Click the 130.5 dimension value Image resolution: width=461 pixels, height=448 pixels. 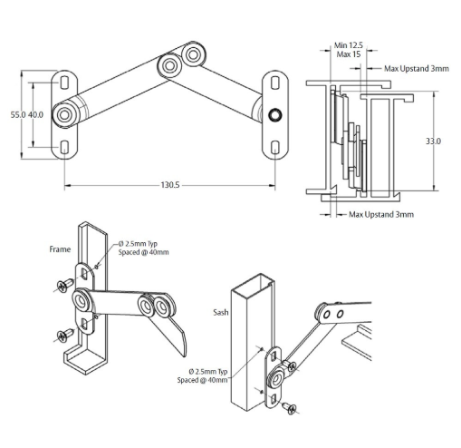point(169,184)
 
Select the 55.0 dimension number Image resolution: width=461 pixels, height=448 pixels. point(16,115)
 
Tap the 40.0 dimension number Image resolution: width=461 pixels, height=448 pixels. point(36,115)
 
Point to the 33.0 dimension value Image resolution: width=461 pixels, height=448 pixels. point(433,141)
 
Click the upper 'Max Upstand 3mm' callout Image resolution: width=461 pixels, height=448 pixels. point(417,68)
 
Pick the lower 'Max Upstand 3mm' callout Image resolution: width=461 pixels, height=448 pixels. point(381,215)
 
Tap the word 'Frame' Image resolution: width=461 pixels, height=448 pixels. point(60,247)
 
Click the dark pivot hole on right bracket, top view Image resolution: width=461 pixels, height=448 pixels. point(274,114)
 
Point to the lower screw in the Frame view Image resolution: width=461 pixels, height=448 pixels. point(62,336)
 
